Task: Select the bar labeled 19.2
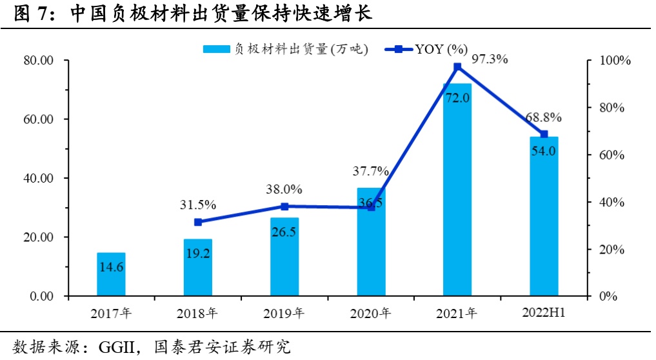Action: tap(197, 268)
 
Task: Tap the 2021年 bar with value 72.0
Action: tap(457, 190)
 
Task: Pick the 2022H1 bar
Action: tap(544, 216)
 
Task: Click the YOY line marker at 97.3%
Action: tap(457, 66)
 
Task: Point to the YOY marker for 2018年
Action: tap(198, 222)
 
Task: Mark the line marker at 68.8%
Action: tap(544, 134)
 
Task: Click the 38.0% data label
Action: tap(284, 190)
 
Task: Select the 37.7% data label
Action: tap(370, 171)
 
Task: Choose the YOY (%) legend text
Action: tap(441, 49)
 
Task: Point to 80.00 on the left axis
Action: tap(38, 61)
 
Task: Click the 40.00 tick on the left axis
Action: tap(38, 179)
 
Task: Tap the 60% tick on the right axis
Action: tap(611, 155)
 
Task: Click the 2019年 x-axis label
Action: tap(284, 314)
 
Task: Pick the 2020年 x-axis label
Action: tap(370, 314)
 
